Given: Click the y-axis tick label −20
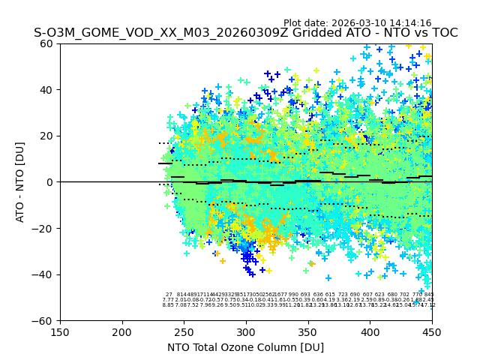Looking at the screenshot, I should pyautogui.click(x=44, y=229).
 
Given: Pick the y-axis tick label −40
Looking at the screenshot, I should pyautogui.click(x=44, y=274).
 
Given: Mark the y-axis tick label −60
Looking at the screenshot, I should pyautogui.click(x=44, y=321).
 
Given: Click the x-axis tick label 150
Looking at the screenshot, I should pyautogui.click(x=60, y=331).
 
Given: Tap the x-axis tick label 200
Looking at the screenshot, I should pyautogui.click(x=122, y=331).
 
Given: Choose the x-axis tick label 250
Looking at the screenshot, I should pyautogui.click(x=184, y=331).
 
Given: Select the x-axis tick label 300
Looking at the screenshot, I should pyautogui.click(x=246, y=331).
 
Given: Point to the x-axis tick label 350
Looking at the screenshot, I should pyautogui.click(x=308, y=331).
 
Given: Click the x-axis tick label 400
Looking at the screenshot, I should pyautogui.click(x=370, y=331).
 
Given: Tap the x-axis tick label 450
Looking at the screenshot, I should pyautogui.click(x=432, y=331).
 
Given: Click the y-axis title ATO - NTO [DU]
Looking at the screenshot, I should pyautogui.click(x=20, y=182).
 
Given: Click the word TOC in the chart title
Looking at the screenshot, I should pyautogui.click(x=443, y=34).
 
